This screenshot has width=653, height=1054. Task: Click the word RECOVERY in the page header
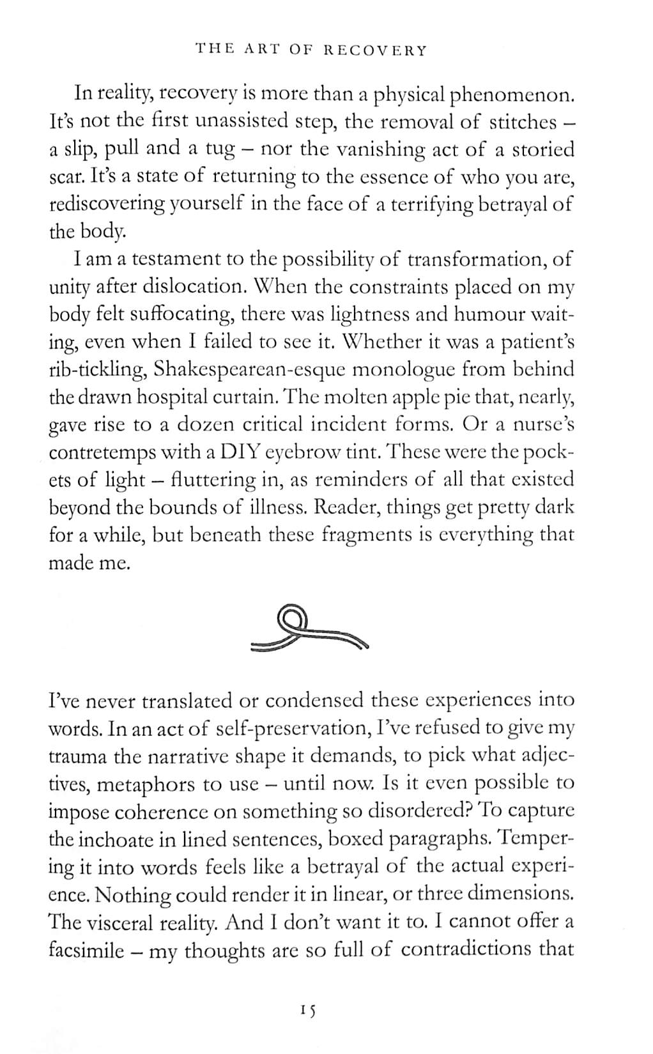click(x=374, y=50)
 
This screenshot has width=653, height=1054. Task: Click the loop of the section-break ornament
click(x=291, y=618)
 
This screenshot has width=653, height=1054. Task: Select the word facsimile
click(x=86, y=950)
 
